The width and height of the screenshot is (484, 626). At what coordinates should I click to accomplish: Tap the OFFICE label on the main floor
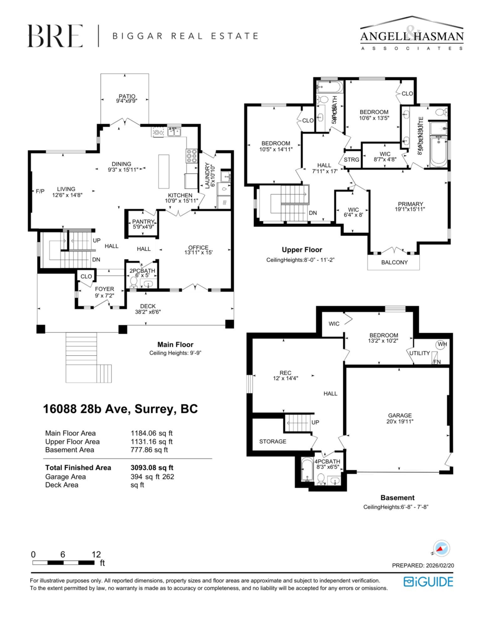tap(198, 248)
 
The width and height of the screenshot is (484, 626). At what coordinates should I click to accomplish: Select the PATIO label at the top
tap(126, 97)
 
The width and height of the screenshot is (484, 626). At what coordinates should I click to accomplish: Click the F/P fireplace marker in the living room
tap(40, 191)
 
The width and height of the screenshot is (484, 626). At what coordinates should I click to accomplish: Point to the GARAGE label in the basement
tap(399, 416)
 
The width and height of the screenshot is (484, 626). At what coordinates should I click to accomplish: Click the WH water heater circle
tap(442, 344)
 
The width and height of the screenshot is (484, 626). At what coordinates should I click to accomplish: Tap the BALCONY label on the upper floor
tap(394, 262)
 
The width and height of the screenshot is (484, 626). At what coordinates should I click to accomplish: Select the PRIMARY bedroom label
tap(410, 204)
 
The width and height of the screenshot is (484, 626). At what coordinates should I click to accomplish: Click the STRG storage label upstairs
tap(352, 160)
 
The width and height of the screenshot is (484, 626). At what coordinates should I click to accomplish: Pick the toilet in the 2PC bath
tap(134, 283)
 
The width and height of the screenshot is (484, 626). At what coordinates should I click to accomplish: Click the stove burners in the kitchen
tap(191, 156)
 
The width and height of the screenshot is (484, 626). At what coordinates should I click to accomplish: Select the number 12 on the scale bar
tap(96, 555)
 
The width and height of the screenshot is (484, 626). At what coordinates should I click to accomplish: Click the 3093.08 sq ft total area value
tap(152, 468)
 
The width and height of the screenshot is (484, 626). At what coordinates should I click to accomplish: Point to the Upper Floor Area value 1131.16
tap(151, 441)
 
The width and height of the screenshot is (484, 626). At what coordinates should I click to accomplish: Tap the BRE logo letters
tap(55, 36)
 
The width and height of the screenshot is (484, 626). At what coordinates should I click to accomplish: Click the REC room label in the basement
tap(285, 372)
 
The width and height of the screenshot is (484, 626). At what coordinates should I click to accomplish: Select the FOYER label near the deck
tap(104, 288)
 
